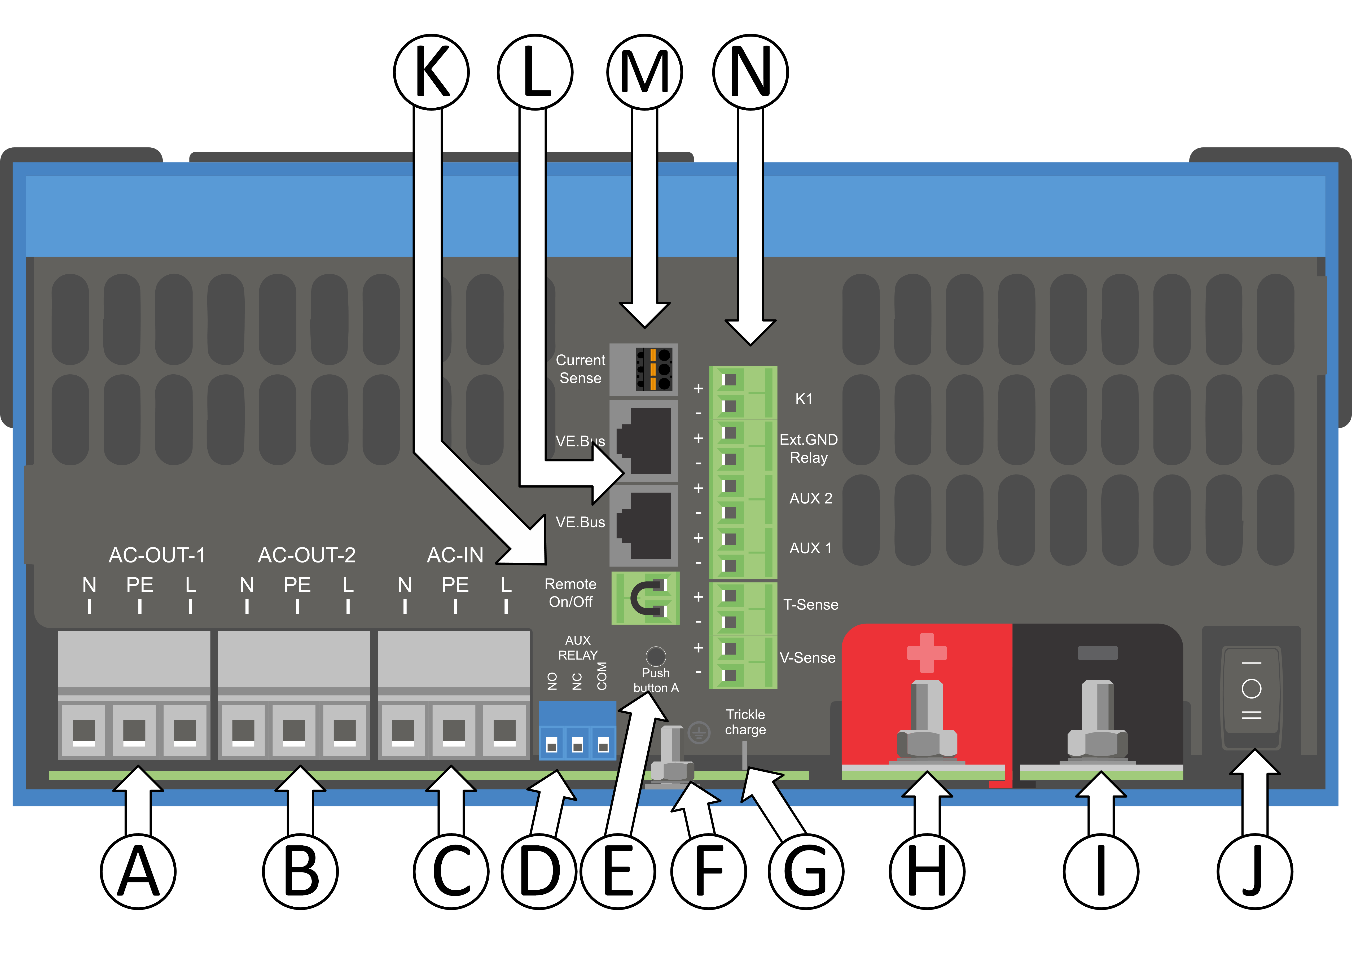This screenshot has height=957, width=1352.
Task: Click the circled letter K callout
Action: click(x=431, y=72)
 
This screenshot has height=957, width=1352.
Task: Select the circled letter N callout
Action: click(x=750, y=72)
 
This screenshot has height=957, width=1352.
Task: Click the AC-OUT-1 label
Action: click(x=157, y=555)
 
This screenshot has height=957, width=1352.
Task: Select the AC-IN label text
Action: click(x=455, y=555)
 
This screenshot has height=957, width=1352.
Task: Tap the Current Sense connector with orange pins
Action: click(x=653, y=370)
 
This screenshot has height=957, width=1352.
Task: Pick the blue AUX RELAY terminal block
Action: click(x=577, y=731)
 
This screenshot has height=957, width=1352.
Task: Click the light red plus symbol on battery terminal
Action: click(x=927, y=652)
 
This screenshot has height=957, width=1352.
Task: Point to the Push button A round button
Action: click(x=656, y=656)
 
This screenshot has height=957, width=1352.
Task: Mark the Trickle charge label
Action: click(x=745, y=722)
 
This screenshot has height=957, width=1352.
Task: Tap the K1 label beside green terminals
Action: click(x=804, y=399)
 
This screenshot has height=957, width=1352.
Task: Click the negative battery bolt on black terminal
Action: click(x=1098, y=725)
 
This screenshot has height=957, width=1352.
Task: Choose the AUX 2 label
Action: click(x=811, y=499)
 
